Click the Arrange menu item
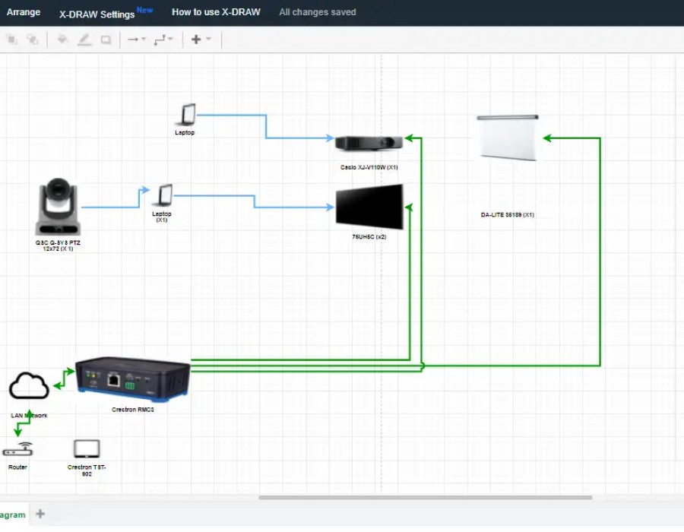pos(24,12)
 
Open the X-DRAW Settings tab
pos(97,14)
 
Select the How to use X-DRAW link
pos(216,12)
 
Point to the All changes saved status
pos(317,12)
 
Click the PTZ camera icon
pos(58,207)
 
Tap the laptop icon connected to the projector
pos(185,115)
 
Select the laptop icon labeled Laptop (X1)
pos(162,196)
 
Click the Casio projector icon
pos(368,142)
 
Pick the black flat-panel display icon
pos(369,207)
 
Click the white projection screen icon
pos(508,137)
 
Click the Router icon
pos(17,450)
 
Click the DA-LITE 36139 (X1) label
pos(507,215)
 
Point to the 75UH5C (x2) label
pos(369,237)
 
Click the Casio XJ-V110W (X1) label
pos(369,166)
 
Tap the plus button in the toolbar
pos(196,40)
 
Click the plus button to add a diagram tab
pos(40,515)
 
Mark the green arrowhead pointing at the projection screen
pos(548,138)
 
